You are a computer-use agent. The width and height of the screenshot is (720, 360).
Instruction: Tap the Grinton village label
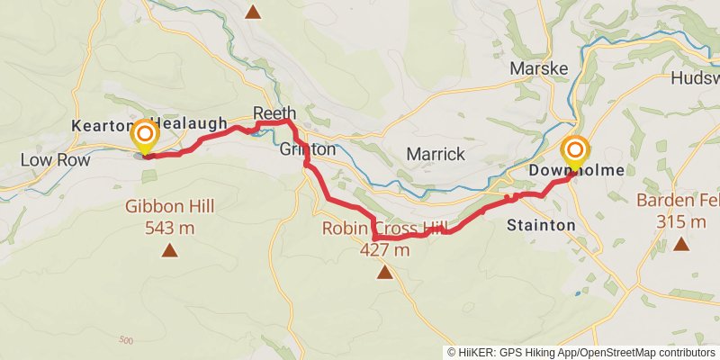[308, 148]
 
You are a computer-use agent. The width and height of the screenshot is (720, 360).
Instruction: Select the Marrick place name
[436, 154]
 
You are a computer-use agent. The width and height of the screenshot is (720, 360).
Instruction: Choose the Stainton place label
[540, 224]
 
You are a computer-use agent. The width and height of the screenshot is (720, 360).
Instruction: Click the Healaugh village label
[189, 123]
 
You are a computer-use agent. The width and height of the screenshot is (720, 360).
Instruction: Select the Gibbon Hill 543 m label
[169, 217]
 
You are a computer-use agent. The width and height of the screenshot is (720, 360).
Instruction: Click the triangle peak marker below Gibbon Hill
[169, 249]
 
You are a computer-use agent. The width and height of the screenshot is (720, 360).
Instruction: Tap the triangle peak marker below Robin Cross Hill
[385, 271]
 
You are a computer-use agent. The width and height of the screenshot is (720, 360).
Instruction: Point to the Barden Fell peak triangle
[681, 243]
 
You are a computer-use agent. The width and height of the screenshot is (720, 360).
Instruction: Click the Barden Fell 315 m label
[679, 211]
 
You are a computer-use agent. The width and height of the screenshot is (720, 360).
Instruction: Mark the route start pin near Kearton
[144, 139]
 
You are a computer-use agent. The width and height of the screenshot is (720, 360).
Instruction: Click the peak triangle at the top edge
[254, 12]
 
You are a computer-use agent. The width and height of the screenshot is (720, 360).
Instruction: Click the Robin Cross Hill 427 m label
[385, 239]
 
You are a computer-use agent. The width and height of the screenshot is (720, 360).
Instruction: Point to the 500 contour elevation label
[125, 339]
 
